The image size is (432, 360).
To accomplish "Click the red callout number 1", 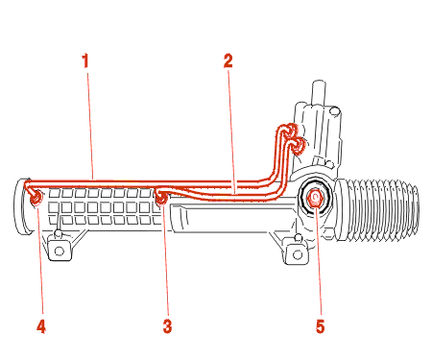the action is (84, 60).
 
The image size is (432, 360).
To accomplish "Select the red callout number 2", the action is (228, 60).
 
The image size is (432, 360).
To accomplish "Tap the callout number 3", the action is (167, 326).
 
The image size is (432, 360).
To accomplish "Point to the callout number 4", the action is (41, 326).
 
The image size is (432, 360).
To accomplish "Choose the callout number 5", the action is (320, 326).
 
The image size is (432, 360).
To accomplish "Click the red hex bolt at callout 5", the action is (315, 199).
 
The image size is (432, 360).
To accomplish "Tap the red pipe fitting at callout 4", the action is (36, 197).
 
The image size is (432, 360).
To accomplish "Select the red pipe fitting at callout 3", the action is (160, 197).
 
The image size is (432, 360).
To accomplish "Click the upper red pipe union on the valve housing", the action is (292, 130).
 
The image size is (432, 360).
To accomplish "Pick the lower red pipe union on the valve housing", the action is (299, 145).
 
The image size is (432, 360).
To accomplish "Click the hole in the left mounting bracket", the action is (60, 252).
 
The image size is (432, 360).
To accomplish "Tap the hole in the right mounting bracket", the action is (298, 254).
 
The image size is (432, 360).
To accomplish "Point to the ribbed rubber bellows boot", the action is (377, 209).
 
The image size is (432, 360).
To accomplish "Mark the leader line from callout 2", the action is (232, 132).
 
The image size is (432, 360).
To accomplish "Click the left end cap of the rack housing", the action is (20, 206).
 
